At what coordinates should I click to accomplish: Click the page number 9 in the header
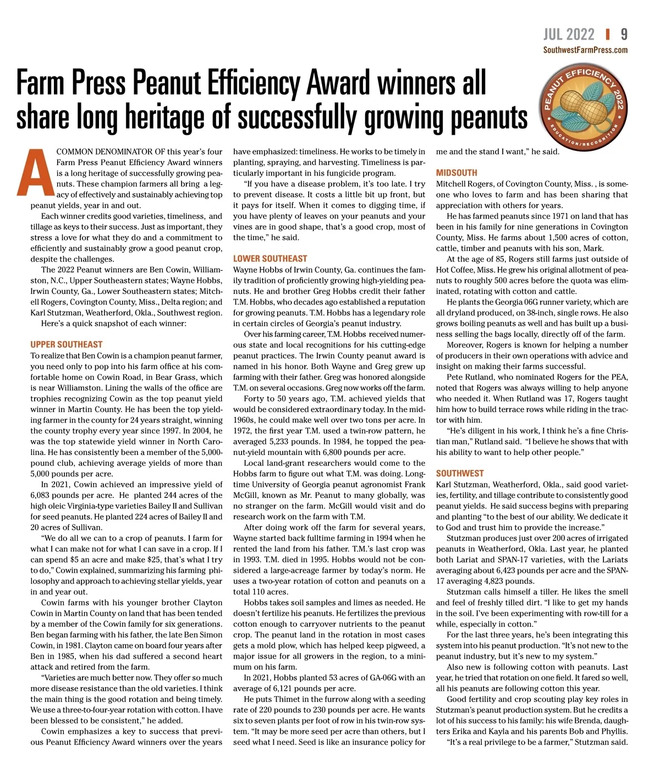pyautogui.click(x=624, y=35)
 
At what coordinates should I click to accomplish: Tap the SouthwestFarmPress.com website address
pyautogui.click(x=585, y=50)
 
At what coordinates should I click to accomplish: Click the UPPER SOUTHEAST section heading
pyautogui.click(x=67, y=344)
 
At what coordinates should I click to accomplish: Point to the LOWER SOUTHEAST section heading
pyautogui.click(x=270, y=259)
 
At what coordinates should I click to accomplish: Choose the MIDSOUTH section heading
pyautogui.click(x=457, y=173)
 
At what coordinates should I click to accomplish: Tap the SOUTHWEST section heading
pyautogui.click(x=460, y=473)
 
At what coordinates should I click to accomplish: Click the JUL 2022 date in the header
pyautogui.click(x=569, y=35)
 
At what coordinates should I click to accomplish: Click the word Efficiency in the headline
pyautogui.click(x=254, y=84)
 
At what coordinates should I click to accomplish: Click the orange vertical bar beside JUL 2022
pyautogui.click(x=607, y=35)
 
